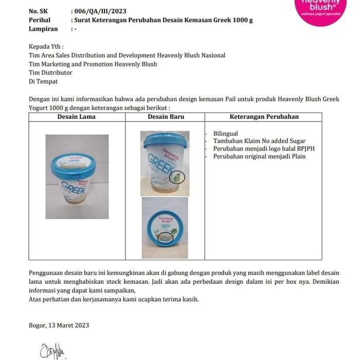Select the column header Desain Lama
(x=77, y=117)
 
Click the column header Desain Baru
(x=166, y=117)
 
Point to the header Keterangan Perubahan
(x=264, y=117)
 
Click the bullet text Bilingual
(x=225, y=134)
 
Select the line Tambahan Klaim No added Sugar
(x=259, y=141)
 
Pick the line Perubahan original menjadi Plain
(x=259, y=156)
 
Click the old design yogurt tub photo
(x=77, y=176)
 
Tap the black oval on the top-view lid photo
(x=166, y=238)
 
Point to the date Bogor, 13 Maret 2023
(x=59, y=325)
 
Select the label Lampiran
(x=43, y=29)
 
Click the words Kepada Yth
(x=46, y=47)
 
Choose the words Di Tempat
(x=43, y=82)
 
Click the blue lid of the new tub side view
(x=165, y=140)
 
